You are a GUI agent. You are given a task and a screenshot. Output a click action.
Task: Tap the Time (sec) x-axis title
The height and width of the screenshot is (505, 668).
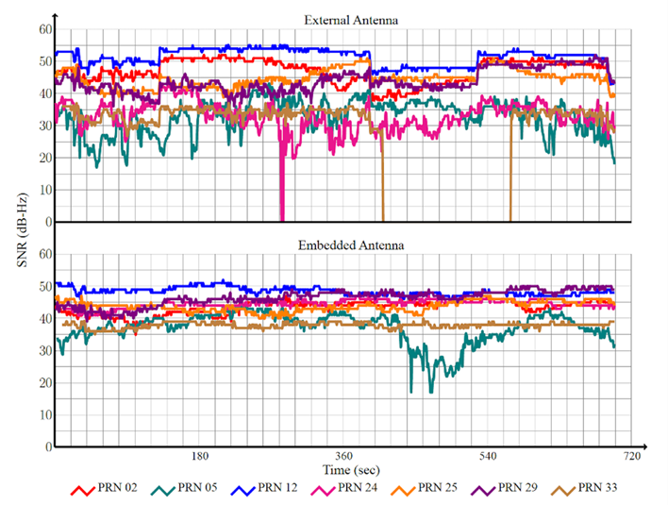pyautogui.click(x=350, y=469)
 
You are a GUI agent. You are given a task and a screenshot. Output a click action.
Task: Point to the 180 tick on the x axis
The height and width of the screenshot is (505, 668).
pyautogui.click(x=199, y=456)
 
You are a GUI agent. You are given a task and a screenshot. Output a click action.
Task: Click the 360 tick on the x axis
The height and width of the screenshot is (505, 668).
pyautogui.click(x=343, y=456)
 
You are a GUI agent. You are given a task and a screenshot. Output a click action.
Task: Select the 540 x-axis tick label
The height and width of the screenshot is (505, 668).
pyautogui.click(x=488, y=456)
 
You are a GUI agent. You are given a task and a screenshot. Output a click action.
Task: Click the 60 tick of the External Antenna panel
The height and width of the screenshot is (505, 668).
pyautogui.click(x=43, y=30)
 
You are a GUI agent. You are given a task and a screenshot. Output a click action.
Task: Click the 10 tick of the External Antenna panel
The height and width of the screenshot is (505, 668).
pyautogui.click(x=43, y=190)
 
